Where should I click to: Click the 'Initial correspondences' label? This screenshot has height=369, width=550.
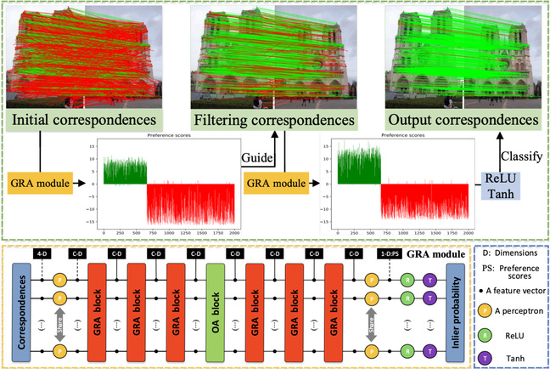pos(77,122)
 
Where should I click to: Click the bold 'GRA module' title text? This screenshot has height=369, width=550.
pos(435,253)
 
